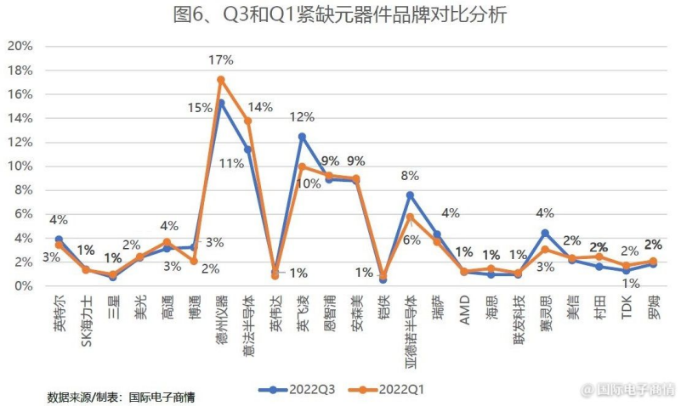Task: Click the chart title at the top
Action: pos(340,14)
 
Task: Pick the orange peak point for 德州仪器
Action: pos(220,80)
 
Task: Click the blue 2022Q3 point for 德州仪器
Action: pos(220,103)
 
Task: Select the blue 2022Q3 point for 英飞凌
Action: pos(301,136)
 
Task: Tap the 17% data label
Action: pos(220,59)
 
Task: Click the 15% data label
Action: pos(201,107)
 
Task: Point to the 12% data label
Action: pos(302,116)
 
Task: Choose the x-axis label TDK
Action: pos(627,307)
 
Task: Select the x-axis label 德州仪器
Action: pos(221,320)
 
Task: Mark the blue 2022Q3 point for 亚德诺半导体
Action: pos(410,195)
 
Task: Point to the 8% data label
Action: pos(410,176)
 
